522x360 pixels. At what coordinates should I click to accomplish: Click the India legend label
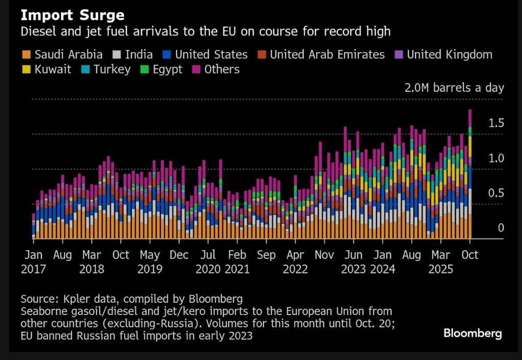138,55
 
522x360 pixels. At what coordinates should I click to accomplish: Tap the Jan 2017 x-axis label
33,262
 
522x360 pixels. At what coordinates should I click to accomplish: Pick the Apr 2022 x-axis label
295,262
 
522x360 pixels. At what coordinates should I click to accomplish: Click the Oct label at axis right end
470,255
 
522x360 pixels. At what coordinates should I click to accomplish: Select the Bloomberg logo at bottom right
472,333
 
